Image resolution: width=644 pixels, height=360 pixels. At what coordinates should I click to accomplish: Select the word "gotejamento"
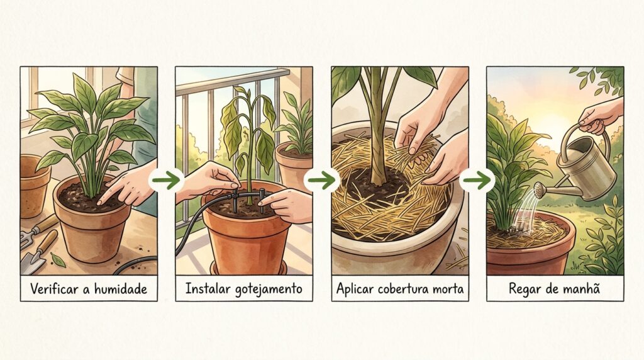(269, 289)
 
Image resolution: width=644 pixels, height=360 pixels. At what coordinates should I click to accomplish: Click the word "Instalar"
(208, 288)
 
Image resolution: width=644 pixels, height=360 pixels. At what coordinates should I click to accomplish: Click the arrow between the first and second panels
(166, 180)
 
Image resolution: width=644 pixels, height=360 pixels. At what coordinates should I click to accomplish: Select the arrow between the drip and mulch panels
(321, 180)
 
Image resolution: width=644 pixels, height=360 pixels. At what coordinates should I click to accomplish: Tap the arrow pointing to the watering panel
(477, 180)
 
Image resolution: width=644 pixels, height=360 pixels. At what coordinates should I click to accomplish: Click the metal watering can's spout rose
(539, 189)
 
